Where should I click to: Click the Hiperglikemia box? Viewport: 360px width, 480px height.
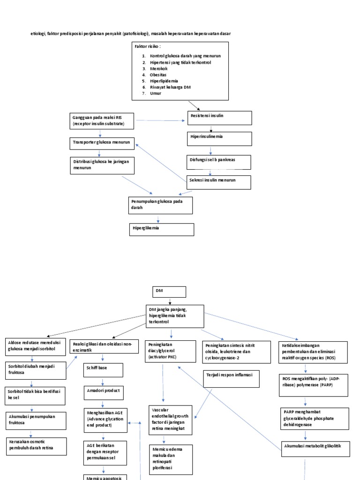tap(161, 229)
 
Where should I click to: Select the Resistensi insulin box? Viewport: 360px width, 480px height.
tap(219, 118)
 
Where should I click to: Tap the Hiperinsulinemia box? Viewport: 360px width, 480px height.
tap(219, 139)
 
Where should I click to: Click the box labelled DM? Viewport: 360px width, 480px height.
tap(169, 292)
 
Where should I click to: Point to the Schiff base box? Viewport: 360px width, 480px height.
tap(103, 370)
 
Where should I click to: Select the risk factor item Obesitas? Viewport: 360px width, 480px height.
tap(158, 75)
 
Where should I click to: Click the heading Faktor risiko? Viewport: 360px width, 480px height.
tap(148, 47)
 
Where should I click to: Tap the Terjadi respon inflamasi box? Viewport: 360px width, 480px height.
tap(231, 379)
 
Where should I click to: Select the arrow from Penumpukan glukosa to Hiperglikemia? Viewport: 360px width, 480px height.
tap(158, 219)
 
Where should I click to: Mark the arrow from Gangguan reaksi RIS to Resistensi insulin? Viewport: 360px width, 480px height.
tap(160, 120)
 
